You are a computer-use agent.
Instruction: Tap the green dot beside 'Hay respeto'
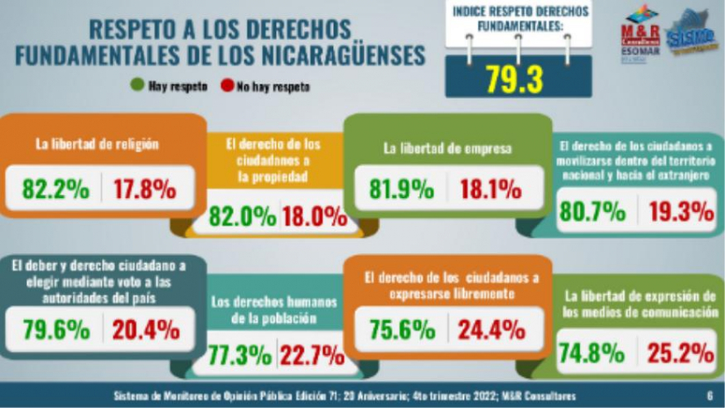(136, 86)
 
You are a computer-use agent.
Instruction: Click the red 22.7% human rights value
(312, 356)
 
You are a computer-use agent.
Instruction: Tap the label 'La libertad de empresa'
(447, 149)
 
